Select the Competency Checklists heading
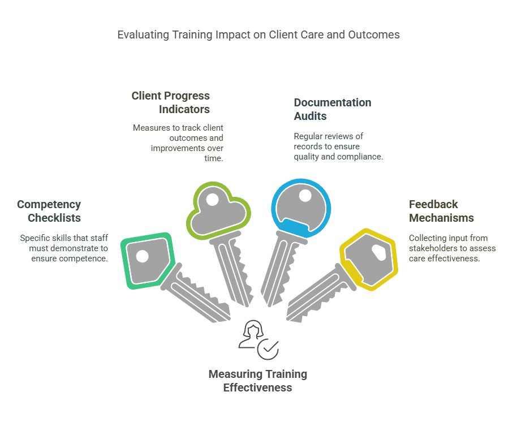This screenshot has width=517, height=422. pyautogui.click(x=49, y=211)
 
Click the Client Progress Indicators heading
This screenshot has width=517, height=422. pyautogui.click(x=170, y=102)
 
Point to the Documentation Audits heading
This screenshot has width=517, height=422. pyautogui.click(x=333, y=109)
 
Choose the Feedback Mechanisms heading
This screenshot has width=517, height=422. pyautogui.click(x=441, y=211)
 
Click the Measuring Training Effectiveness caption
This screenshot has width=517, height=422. pyautogui.click(x=257, y=381)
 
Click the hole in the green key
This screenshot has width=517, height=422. pyautogui.click(x=142, y=256)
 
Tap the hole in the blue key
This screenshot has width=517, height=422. pyautogui.click(x=305, y=196)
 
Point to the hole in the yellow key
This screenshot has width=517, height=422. pyautogui.click(x=378, y=253)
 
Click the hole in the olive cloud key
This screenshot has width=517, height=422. pyautogui.click(x=212, y=199)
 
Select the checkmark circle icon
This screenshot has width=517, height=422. pyautogui.click(x=268, y=348)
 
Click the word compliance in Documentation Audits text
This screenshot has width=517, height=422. pyautogui.click(x=360, y=157)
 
